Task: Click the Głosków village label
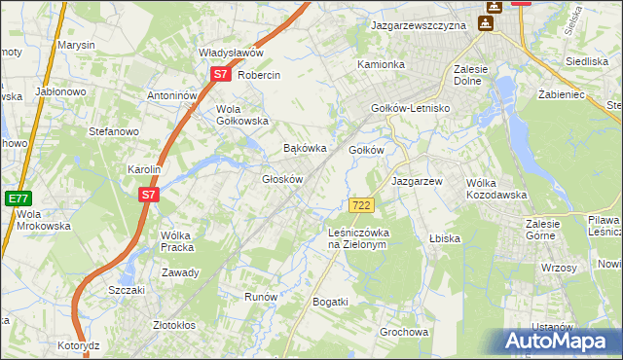(284, 179)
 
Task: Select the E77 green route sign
(18, 197)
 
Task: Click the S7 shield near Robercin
(221, 74)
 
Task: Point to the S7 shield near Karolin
(148, 195)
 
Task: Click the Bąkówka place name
(303, 149)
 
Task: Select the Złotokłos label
(175, 325)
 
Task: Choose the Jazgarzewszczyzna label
(420, 26)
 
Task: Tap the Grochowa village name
(404, 332)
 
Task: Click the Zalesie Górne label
(554, 230)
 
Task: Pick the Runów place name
(261, 297)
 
